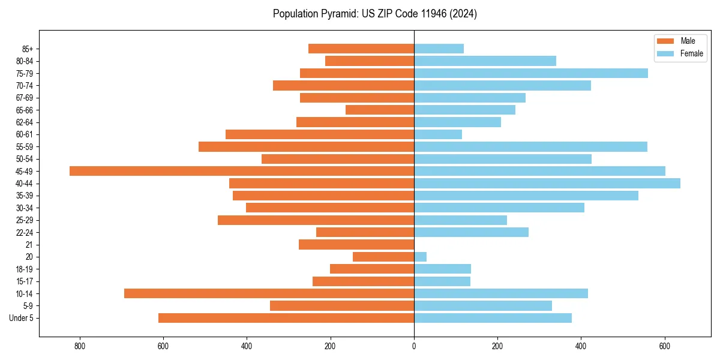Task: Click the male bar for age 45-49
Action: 242,171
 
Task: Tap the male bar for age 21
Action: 356,244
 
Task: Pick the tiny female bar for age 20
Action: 420,257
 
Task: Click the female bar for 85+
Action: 439,49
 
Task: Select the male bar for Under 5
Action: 286,318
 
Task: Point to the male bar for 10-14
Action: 269,293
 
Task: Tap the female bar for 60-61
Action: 438,134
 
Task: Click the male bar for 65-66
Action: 380,110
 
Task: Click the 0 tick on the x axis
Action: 414,346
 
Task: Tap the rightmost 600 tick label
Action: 664,346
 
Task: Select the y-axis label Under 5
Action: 21,318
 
